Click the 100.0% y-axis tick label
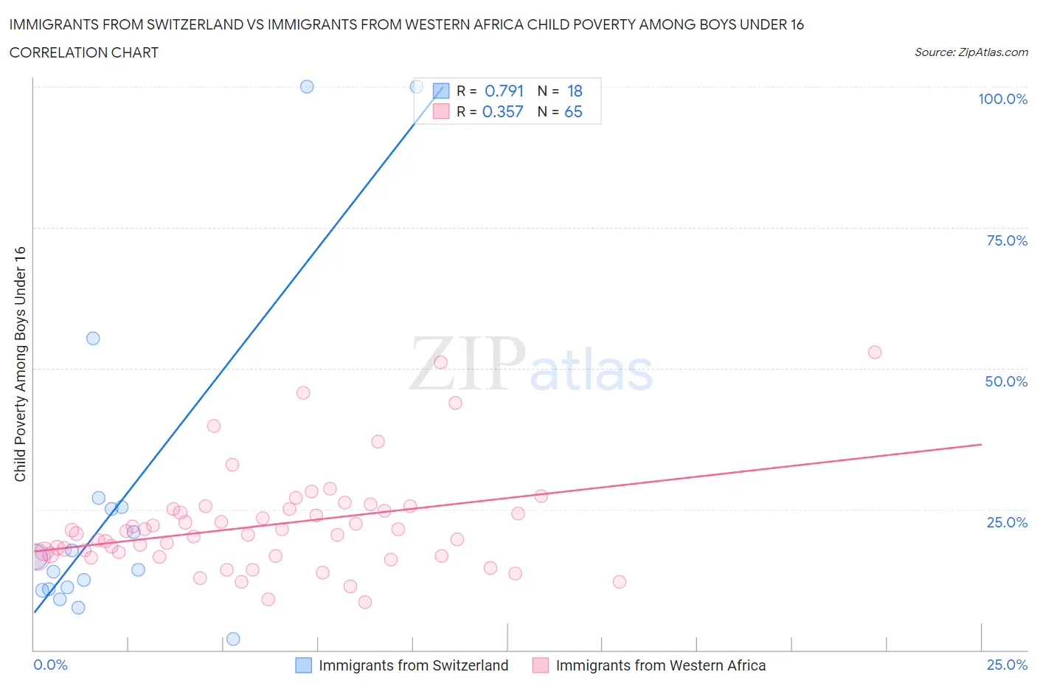1002,99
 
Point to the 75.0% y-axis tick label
1006,240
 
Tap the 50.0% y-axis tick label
1006,381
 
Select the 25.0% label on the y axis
1006,522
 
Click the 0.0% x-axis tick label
50,665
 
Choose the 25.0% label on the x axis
1006,665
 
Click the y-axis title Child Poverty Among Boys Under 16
21,364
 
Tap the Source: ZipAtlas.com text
971,52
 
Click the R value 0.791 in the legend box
504,91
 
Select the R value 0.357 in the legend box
502,111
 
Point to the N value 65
573,111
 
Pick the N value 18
575,91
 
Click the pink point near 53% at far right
875,352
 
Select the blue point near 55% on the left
93,339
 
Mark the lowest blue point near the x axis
233,639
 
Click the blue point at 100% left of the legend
307,86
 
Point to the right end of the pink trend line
981,444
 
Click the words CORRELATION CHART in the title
84,52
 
